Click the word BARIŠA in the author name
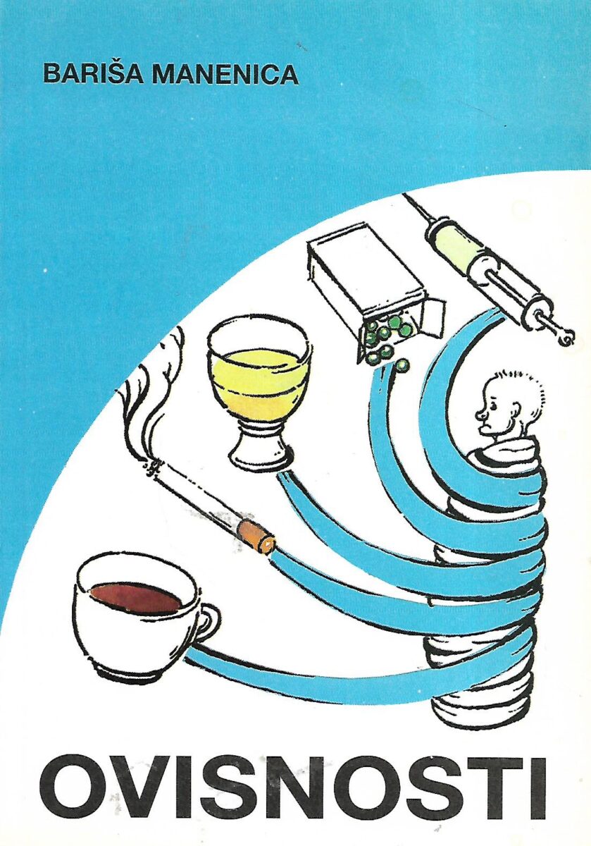point(93,75)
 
